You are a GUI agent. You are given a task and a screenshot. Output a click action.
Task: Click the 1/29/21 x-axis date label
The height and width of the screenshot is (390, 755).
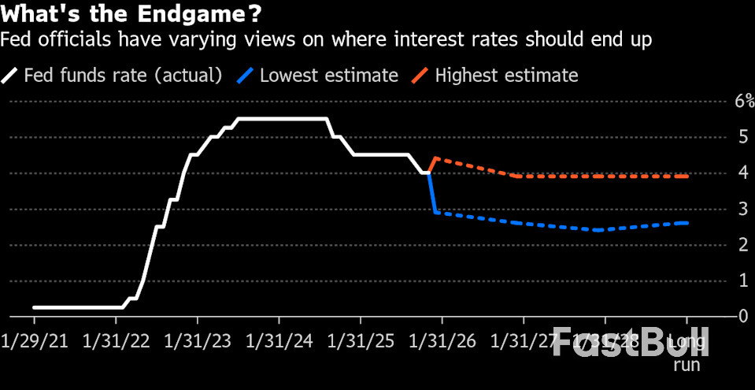[x=35, y=343]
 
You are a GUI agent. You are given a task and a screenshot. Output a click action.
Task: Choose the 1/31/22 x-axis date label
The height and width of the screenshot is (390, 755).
[x=116, y=343]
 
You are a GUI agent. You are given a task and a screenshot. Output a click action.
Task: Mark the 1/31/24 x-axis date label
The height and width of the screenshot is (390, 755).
[x=279, y=343]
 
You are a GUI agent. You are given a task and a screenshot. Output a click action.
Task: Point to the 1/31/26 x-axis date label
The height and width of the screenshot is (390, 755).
[x=442, y=343]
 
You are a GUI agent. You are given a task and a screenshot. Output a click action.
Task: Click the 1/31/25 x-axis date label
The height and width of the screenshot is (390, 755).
[x=361, y=343]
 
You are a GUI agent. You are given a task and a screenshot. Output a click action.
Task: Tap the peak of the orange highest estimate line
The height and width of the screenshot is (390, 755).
[x=436, y=158]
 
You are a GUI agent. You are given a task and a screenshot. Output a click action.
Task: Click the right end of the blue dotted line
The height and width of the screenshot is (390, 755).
[x=687, y=223]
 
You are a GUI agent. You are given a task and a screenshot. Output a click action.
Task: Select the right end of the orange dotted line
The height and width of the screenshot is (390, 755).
[x=687, y=176]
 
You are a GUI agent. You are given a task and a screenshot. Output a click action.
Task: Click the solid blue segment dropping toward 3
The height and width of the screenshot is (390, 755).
[x=431, y=193]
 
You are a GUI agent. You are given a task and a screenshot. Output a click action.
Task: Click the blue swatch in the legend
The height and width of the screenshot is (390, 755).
[x=246, y=76]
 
